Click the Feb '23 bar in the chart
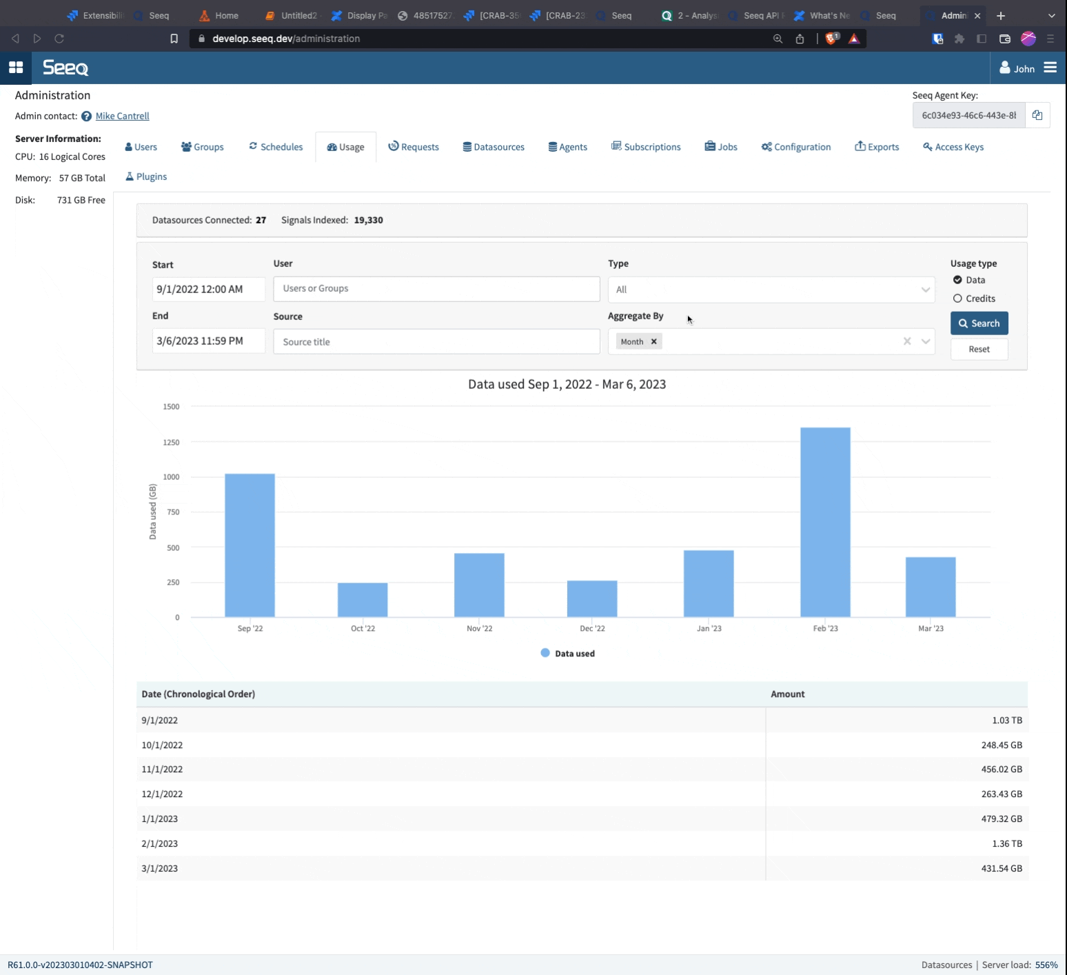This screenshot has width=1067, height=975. coord(825,522)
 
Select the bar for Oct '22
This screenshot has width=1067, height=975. coord(363,600)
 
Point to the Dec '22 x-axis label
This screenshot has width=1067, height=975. coord(592,628)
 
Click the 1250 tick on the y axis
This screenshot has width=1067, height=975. coord(171,442)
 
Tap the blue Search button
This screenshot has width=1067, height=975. coord(979,323)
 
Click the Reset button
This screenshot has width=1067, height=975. coord(979,350)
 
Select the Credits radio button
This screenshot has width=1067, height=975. coord(957,299)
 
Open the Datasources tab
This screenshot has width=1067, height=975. coord(494,147)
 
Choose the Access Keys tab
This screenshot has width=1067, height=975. coord(953,147)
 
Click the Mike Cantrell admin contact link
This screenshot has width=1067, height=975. coord(122,116)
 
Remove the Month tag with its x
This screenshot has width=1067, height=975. coord(654,341)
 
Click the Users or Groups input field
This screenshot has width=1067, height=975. coord(436,289)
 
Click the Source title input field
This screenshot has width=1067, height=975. coord(436,342)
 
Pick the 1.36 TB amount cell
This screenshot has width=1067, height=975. coord(1007,843)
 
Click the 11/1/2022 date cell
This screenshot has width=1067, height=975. coord(162,769)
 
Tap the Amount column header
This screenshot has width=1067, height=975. coord(787,694)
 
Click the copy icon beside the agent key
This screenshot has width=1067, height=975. coord(1037,115)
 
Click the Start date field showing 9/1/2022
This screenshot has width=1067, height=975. coord(208,289)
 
